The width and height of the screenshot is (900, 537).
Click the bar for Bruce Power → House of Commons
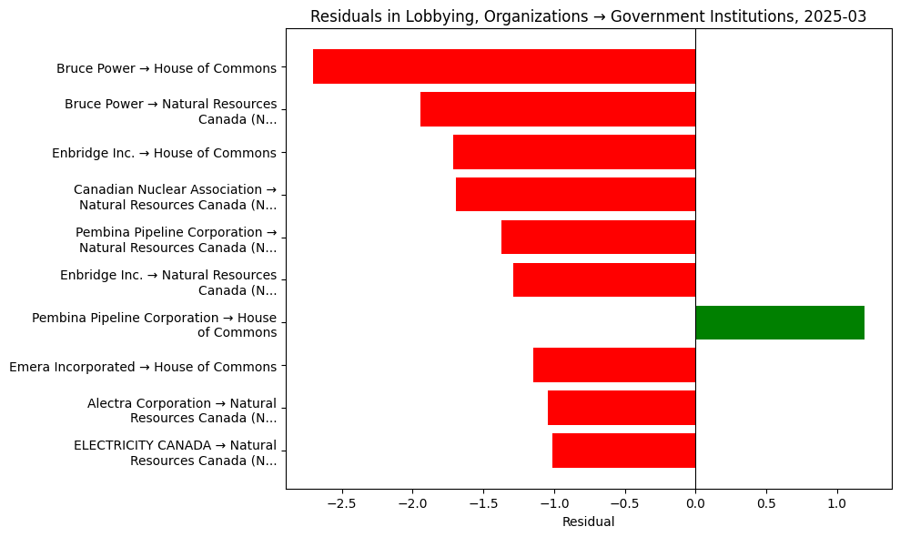pyautogui.click(x=504, y=66)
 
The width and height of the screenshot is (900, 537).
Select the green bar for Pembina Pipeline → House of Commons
pyautogui.click(x=780, y=322)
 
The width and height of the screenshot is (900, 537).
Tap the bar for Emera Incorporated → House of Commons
pyautogui.click(x=614, y=365)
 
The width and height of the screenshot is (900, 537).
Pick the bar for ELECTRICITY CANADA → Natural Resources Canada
pyautogui.click(x=623, y=451)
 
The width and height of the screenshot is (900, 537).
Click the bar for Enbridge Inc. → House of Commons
pyautogui.click(x=574, y=152)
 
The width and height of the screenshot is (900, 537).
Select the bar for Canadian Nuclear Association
pyautogui.click(x=575, y=195)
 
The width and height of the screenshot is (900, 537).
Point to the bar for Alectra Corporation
pyautogui.click(x=622, y=408)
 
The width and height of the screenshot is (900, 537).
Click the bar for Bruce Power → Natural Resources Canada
pyautogui.click(x=558, y=109)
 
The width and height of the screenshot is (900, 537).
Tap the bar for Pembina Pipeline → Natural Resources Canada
pyautogui.click(x=598, y=238)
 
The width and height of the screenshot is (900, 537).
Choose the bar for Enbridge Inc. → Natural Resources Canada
pyautogui.click(x=604, y=279)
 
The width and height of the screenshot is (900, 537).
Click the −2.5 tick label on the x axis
pyautogui.click(x=341, y=502)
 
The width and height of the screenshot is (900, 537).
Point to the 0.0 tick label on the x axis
pyautogui.click(x=695, y=502)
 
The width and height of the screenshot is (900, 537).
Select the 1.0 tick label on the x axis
pyautogui.click(x=837, y=502)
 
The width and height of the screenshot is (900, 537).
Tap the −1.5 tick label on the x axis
pyautogui.click(x=483, y=502)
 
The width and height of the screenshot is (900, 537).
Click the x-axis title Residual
pyautogui.click(x=588, y=522)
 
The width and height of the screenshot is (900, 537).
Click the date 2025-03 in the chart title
pyautogui.click(x=838, y=16)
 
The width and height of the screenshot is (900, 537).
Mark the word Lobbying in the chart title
pyautogui.click(x=414, y=16)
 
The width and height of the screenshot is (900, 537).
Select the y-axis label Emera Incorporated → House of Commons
pyautogui.click(x=143, y=367)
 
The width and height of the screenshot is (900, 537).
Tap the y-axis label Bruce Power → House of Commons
pyautogui.click(x=167, y=68)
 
